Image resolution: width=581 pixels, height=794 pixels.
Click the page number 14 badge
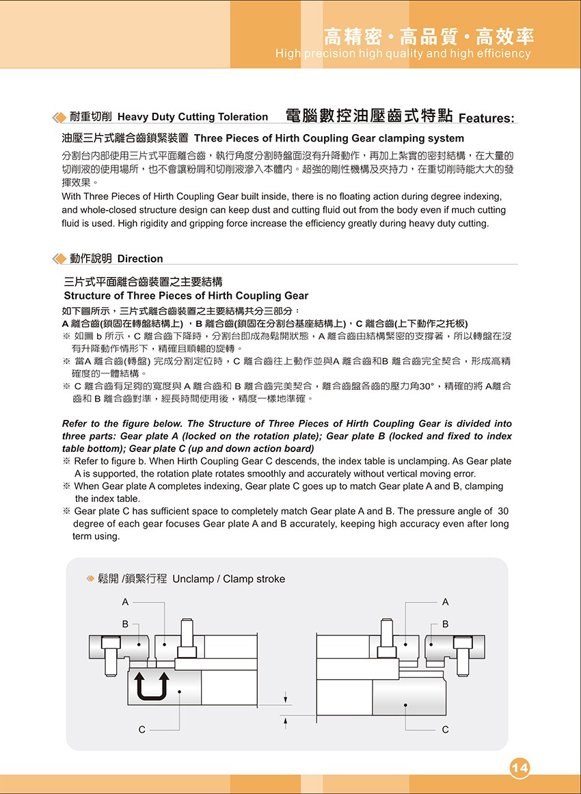click(x=519, y=768)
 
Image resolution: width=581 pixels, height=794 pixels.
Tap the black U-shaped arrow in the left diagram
click(x=152, y=685)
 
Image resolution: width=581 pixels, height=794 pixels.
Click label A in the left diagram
click(x=125, y=602)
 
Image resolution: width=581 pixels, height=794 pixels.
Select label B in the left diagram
click(x=125, y=624)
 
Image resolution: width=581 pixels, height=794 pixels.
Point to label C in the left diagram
click(x=142, y=730)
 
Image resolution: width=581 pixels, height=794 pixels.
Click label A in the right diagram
click(x=446, y=602)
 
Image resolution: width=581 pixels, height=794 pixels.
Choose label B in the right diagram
click(x=446, y=624)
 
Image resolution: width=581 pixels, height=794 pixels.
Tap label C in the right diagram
click(x=446, y=730)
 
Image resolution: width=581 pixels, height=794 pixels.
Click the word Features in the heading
click(x=486, y=118)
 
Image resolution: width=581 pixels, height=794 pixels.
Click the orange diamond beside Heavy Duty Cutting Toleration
click(x=59, y=116)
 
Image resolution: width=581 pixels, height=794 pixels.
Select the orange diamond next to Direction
click(x=59, y=259)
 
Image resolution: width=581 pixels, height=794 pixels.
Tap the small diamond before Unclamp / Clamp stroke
click(x=90, y=579)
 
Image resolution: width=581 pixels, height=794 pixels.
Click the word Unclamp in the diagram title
click(x=193, y=579)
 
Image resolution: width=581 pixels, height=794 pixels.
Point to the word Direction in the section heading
click(x=140, y=259)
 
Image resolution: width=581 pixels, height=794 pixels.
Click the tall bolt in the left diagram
click(x=187, y=640)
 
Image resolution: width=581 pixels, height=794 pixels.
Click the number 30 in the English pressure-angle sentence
click(x=503, y=511)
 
